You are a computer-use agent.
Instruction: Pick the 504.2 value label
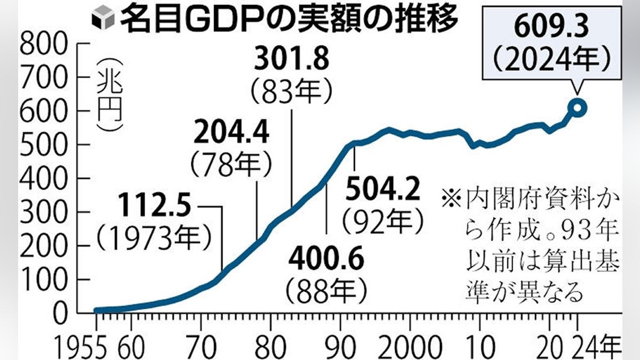point(382,189)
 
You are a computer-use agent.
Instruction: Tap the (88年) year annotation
point(326,291)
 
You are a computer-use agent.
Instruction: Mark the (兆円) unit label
point(110,93)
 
